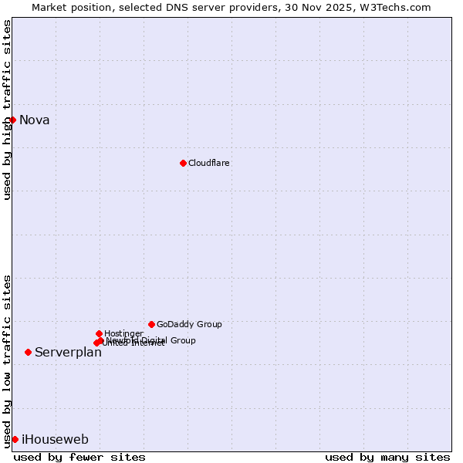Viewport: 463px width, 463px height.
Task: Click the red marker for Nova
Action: [x=12, y=120]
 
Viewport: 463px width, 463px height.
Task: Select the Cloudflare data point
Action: [x=183, y=163]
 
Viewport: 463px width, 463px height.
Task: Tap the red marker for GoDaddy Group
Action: [x=151, y=324]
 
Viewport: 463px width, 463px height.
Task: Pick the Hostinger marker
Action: [x=99, y=333]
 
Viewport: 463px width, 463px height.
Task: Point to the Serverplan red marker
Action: [x=28, y=352]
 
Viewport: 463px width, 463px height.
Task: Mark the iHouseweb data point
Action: [x=15, y=439]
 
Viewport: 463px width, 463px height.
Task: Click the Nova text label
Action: [x=35, y=120]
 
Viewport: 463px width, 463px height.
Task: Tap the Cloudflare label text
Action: [x=209, y=163]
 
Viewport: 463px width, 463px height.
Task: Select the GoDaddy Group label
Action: [x=189, y=324]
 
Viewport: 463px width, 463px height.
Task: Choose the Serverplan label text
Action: [x=68, y=352]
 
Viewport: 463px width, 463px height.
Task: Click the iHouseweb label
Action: [x=55, y=439]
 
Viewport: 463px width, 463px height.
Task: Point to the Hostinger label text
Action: [x=123, y=333]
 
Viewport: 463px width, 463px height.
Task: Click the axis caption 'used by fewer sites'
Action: [x=79, y=457]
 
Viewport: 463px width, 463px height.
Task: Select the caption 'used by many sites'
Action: [x=387, y=457]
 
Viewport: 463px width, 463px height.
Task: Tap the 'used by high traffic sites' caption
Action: [x=7, y=110]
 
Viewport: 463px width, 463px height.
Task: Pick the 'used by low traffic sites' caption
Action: [x=7, y=360]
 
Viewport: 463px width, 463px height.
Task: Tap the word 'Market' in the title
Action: [x=49, y=7]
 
